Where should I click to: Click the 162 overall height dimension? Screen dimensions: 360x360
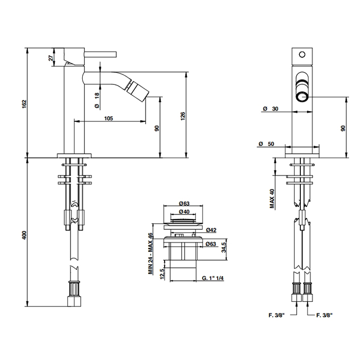(x=25, y=104)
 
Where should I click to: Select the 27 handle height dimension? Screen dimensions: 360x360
(x=52, y=57)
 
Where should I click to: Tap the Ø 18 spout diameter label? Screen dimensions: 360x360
(x=97, y=100)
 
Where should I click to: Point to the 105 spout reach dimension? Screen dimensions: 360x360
(x=109, y=118)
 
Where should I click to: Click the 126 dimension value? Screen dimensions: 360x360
(x=183, y=116)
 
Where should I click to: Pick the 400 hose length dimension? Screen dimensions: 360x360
(x=25, y=236)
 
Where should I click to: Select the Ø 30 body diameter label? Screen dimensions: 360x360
(x=271, y=109)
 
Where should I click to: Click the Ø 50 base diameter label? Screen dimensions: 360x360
(x=266, y=143)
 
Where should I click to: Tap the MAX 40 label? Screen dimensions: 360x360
(x=272, y=199)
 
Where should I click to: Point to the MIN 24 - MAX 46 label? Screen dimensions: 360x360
(x=150, y=254)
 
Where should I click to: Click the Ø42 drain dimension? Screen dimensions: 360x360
(x=211, y=230)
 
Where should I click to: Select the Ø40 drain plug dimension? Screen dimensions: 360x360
(x=184, y=211)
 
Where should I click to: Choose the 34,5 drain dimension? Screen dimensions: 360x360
(x=224, y=246)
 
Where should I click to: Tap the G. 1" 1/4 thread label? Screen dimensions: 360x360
(x=213, y=278)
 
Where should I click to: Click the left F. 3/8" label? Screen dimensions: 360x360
(x=277, y=315)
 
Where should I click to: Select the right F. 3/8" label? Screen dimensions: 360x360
(x=324, y=315)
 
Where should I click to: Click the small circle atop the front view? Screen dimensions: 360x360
(x=302, y=55)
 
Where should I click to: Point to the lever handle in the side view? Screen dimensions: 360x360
(x=101, y=55)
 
